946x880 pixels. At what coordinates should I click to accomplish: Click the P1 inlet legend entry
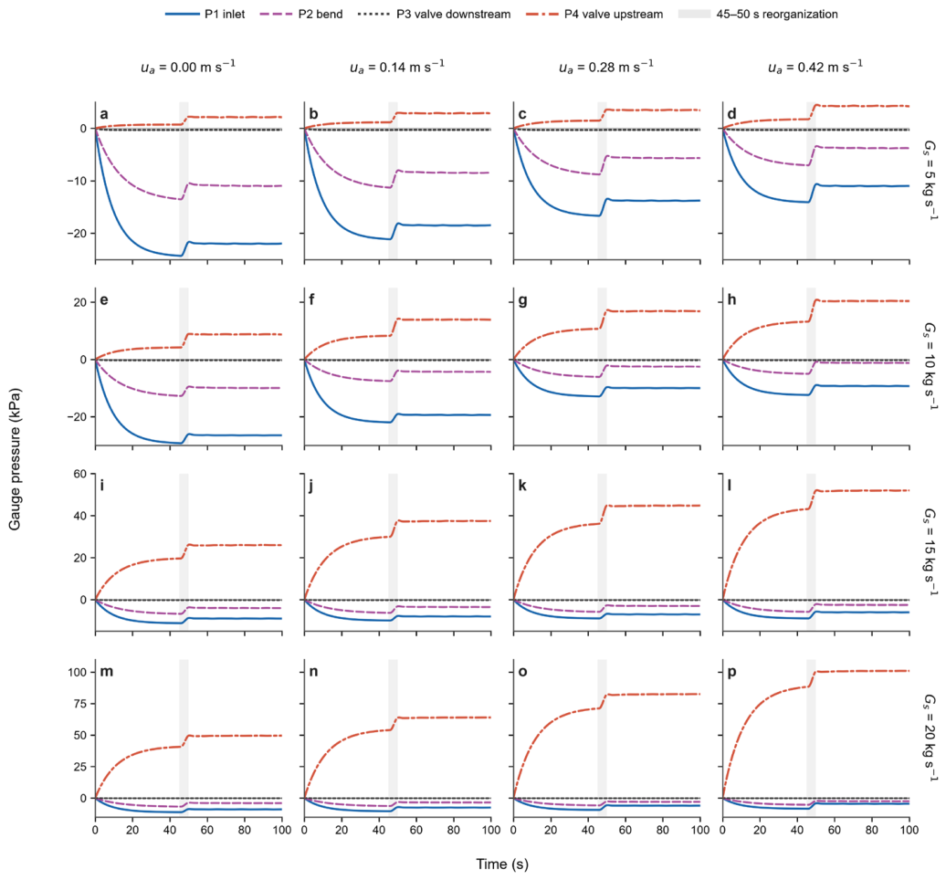(x=205, y=14)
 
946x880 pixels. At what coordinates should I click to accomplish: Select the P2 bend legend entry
(x=301, y=14)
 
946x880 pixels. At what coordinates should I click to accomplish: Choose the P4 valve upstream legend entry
(x=594, y=14)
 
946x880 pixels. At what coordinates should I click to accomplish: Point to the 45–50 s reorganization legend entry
(x=759, y=14)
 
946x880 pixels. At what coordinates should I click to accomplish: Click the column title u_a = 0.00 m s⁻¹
(x=187, y=67)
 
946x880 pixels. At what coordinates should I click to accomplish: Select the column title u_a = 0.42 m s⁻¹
(x=815, y=67)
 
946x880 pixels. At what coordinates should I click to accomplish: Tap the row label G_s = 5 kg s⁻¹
(x=930, y=181)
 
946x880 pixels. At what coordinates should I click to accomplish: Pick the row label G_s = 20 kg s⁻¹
(x=930, y=738)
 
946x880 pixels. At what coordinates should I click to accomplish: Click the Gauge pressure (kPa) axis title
(x=15, y=459)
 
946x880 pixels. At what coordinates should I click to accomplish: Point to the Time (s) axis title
(x=502, y=864)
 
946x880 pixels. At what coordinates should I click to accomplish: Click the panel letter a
(x=104, y=114)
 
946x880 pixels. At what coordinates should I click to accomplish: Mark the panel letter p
(x=731, y=672)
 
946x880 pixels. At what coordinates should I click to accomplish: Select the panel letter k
(x=522, y=486)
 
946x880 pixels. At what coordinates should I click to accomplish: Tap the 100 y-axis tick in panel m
(x=79, y=672)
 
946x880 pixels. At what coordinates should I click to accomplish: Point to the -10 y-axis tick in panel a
(x=78, y=181)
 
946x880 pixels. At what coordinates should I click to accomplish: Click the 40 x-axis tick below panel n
(x=379, y=830)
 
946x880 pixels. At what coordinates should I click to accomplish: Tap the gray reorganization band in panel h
(x=811, y=366)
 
